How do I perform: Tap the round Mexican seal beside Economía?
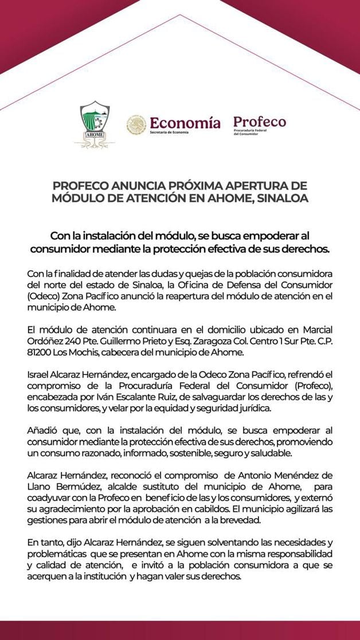[x=136, y=124]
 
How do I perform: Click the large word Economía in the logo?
[x=185, y=122]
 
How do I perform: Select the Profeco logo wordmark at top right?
[x=259, y=122]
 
